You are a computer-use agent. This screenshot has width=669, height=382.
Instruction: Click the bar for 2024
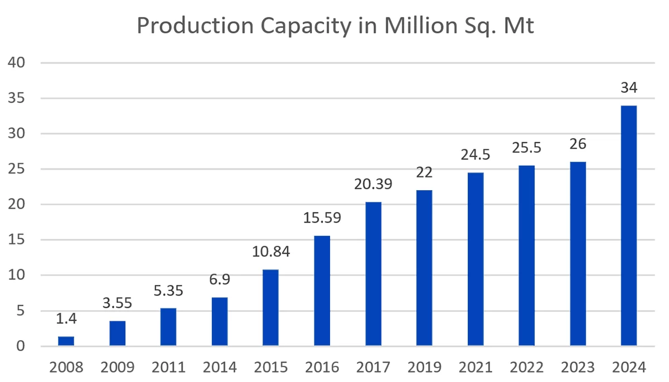(629, 226)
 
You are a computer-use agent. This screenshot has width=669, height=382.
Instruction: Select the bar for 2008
(66, 341)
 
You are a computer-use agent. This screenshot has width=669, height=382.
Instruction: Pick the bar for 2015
(271, 308)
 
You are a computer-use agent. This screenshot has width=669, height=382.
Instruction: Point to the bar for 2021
(476, 259)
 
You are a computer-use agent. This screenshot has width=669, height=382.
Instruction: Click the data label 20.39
(374, 185)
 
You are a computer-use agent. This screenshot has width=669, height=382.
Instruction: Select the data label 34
(629, 88)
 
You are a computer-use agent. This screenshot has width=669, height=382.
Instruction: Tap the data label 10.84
(271, 252)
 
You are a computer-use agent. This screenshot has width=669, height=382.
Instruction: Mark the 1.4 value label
(66, 319)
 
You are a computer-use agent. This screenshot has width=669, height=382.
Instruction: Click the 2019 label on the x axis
(424, 368)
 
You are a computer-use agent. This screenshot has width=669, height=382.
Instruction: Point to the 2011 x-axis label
(168, 368)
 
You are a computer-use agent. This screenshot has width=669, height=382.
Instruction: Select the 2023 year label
(578, 368)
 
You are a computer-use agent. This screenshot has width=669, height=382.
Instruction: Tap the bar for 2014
(220, 322)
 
